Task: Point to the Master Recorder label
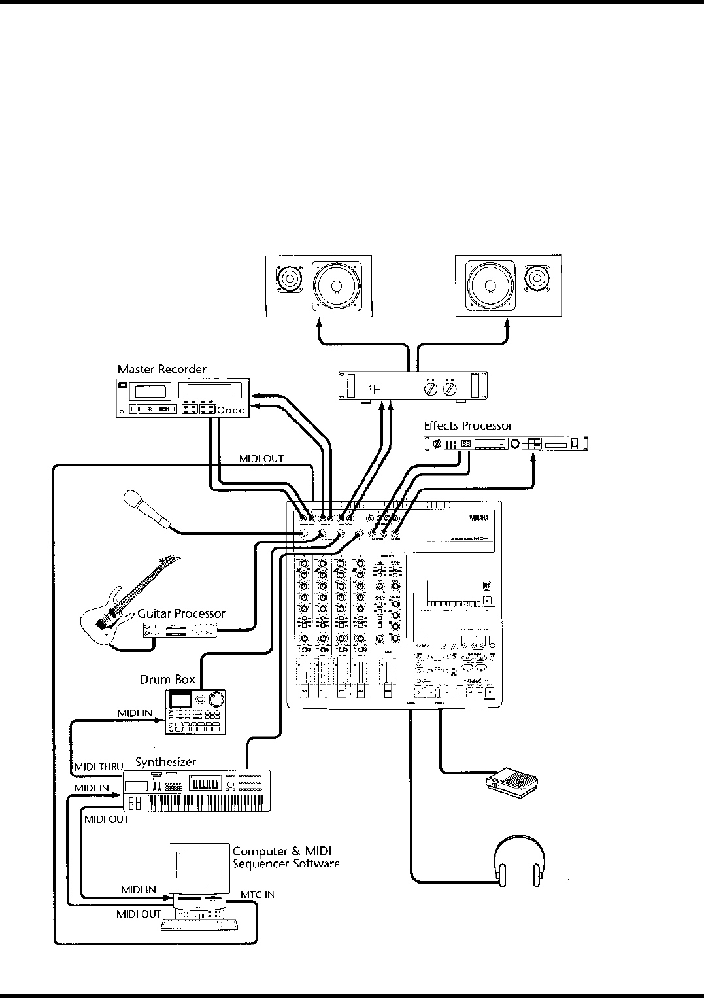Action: (161, 369)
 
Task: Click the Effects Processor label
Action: (468, 426)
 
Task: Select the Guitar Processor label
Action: (181, 613)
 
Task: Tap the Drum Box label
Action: (167, 680)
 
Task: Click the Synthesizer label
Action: (165, 762)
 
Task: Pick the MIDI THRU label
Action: (98, 766)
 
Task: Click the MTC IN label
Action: (257, 894)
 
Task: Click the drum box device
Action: (195, 712)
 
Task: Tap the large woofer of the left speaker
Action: (336, 286)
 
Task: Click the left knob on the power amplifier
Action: (430, 390)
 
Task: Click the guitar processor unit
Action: (182, 630)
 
